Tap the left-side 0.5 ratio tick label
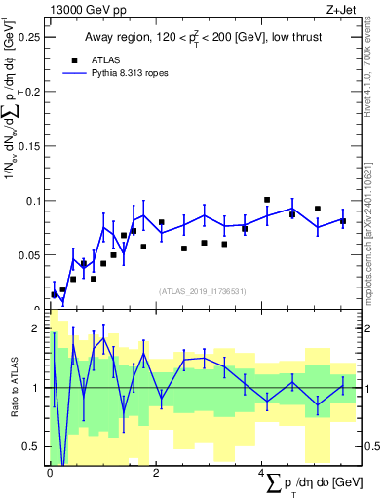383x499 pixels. click(x=33, y=446)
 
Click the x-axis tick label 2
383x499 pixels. click(x=156, y=473)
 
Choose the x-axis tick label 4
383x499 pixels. click(x=261, y=473)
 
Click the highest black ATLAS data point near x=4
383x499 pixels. click(x=267, y=200)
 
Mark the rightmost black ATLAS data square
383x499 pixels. click(x=343, y=221)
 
